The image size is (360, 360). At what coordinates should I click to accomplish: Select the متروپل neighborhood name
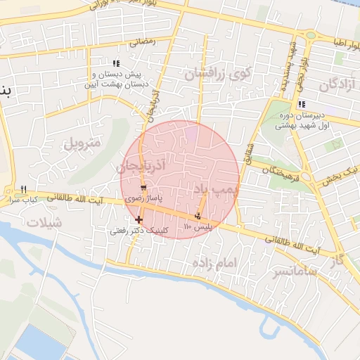[x=83, y=144]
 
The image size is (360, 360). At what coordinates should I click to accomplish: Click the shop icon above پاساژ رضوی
[x=144, y=188]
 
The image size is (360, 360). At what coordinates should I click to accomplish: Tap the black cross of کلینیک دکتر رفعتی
[x=139, y=220]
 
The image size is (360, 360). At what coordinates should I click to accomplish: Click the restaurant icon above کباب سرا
[x=23, y=189]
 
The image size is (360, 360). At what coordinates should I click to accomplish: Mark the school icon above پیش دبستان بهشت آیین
[x=116, y=64]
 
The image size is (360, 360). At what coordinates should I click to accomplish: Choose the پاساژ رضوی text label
[x=143, y=199]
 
